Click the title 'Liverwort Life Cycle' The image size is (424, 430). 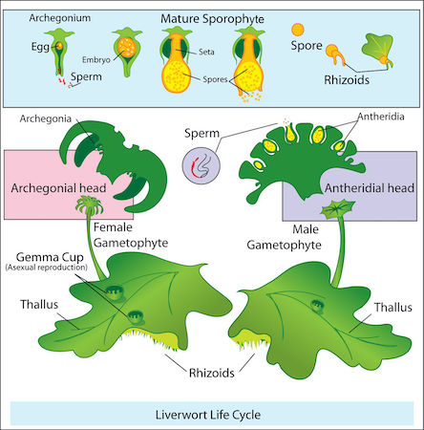click(212, 416)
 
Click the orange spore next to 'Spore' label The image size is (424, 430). click(299, 31)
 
